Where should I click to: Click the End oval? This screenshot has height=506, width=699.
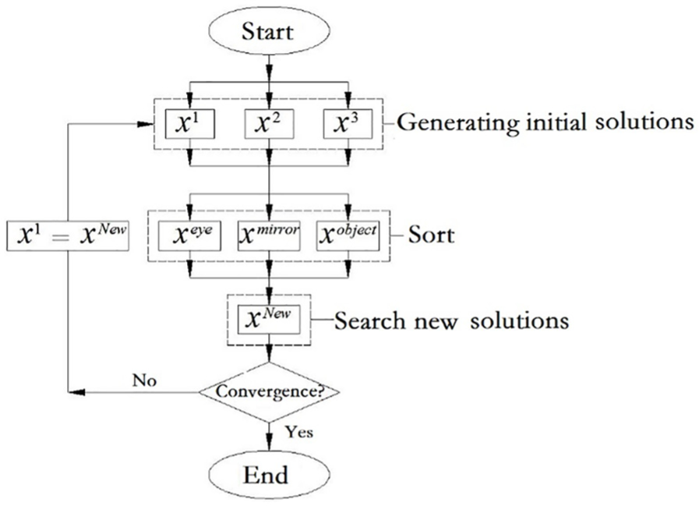tap(269, 475)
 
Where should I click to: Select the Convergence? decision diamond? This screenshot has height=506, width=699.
tap(269, 392)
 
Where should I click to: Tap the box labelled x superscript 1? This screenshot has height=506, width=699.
tap(190, 124)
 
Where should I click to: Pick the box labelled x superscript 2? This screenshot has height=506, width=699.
tap(269, 124)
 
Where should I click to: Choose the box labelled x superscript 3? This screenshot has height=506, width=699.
tap(348, 124)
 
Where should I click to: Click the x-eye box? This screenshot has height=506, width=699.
tap(189, 235)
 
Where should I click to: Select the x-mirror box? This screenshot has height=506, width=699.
tap(269, 235)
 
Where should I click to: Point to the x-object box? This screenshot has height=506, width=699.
tap(348, 235)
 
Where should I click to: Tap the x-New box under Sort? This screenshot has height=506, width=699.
tap(269, 320)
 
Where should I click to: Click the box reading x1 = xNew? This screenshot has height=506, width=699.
tap(68, 235)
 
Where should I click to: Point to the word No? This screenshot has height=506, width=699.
tap(144, 380)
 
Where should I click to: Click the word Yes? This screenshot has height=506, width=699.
tap(299, 432)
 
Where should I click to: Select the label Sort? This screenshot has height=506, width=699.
tap(431, 235)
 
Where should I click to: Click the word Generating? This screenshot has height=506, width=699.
tap(458, 122)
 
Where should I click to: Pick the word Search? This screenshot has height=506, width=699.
tap(370, 320)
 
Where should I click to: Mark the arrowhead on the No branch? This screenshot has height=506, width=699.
tap(76, 392)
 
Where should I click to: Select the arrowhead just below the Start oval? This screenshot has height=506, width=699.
tap(269, 72)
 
